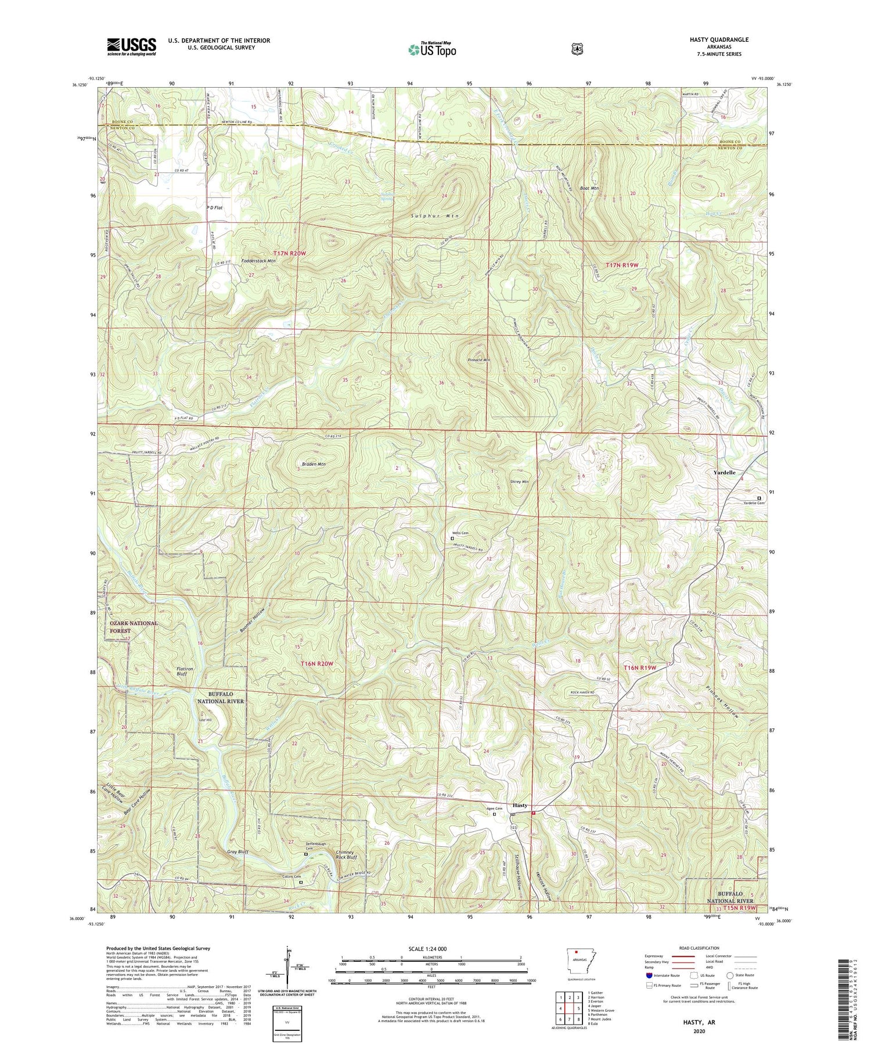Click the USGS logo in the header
click(x=132, y=46)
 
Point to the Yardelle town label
click(x=728, y=473)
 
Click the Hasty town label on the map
click(x=520, y=805)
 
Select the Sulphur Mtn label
click(x=435, y=216)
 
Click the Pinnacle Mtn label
click(x=478, y=360)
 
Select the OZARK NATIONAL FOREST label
click(x=134, y=627)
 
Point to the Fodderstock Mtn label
click(x=254, y=261)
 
